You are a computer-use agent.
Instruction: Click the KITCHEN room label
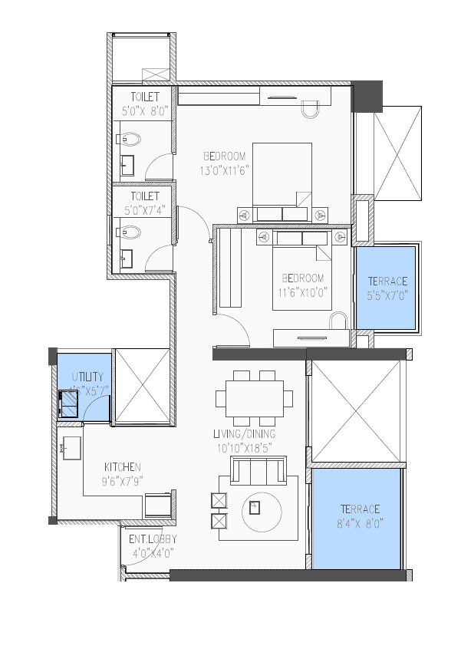tap(122, 466)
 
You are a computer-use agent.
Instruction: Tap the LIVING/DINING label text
tap(245, 434)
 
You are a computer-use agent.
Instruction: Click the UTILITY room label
tap(86, 377)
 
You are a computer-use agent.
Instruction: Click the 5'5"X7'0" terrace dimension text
tap(387, 295)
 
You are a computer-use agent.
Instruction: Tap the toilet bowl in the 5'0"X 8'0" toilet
tap(130, 140)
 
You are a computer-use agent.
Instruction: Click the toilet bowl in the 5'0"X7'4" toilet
tap(130, 231)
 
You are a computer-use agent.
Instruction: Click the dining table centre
tap(254, 397)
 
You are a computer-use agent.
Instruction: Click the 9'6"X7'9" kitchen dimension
tap(122, 481)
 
